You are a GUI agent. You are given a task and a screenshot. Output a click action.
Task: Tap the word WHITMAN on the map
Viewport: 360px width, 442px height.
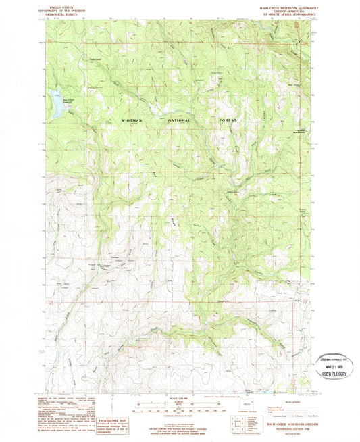click(132, 120)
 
